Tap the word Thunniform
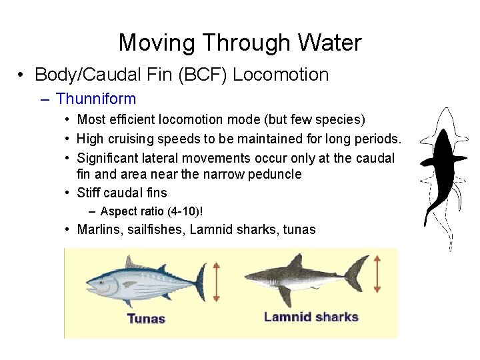click(96, 99)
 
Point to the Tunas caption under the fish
click(145, 318)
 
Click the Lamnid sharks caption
click(311, 317)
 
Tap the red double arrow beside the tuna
click(216, 282)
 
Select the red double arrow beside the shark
click(377, 273)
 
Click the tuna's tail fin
click(198, 281)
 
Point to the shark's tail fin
click(357, 272)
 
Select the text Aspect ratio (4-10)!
click(151, 211)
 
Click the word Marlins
click(99, 230)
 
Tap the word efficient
click(126, 120)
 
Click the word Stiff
click(89, 193)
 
